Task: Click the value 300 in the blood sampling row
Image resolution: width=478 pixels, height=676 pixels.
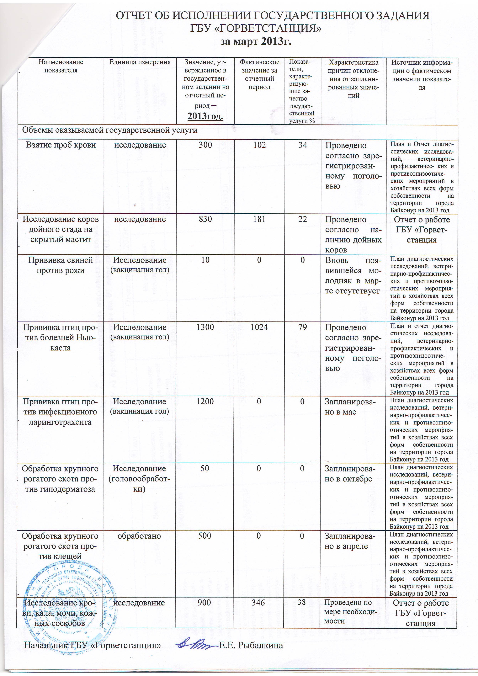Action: tap(205, 145)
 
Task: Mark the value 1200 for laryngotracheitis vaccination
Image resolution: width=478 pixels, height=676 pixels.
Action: tap(205, 402)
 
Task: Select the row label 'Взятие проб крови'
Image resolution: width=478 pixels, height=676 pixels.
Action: tap(61, 145)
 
